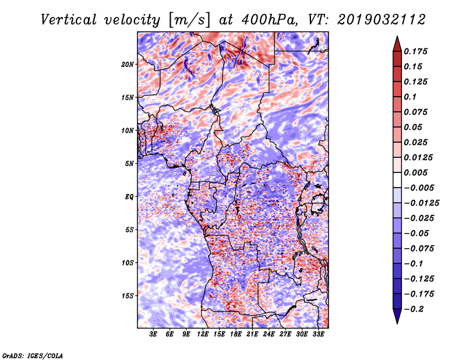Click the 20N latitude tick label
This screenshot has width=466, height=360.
(128, 65)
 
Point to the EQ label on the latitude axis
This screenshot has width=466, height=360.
(129, 197)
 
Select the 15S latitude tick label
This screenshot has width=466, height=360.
(128, 296)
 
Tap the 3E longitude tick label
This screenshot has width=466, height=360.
(153, 334)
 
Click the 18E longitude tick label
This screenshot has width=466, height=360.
(236, 334)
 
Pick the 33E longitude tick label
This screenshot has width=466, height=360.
(318, 334)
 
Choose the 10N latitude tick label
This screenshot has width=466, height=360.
(128, 130)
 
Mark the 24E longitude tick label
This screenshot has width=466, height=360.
(269, 334)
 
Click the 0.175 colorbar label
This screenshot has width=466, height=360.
(415, 51)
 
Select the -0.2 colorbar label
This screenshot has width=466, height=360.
(414, 309)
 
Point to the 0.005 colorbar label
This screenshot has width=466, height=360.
(415, 172)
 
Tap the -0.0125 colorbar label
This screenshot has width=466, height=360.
(421, 203)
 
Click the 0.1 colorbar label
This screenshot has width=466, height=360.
(410, 97)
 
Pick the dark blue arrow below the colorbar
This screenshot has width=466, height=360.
(397, 316)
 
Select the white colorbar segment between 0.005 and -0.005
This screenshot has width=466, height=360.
(397, 180)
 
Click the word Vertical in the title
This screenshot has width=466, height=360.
(69, 20)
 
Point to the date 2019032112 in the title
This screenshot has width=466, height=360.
(382, 20)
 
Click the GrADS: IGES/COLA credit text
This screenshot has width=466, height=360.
(33, 356)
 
